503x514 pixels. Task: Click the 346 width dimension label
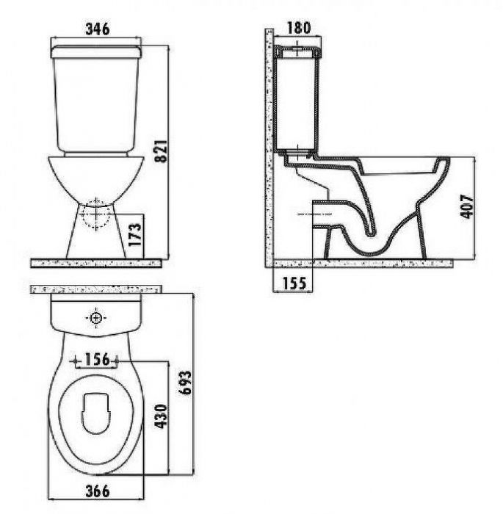pyautogui.click(x=98, y=29)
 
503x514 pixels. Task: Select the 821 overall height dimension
pyautogui.click(x=161, y=151)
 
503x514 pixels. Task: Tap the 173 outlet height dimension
pyautogui.click(x=135, y=235)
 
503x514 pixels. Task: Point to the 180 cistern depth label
pyautogui.click(x=298, y=28)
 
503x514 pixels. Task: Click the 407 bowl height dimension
pyautogui.click(x=466, y=206)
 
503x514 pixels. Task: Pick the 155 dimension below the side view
pyautogui.click(x=294, y=283)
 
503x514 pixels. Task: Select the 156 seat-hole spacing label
pyautogui.click(x=97, y=359)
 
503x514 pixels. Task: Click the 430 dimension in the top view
pyautogui.click(x=161, y=416)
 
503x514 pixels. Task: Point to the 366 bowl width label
pyautogui.click(x=98, y=491)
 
